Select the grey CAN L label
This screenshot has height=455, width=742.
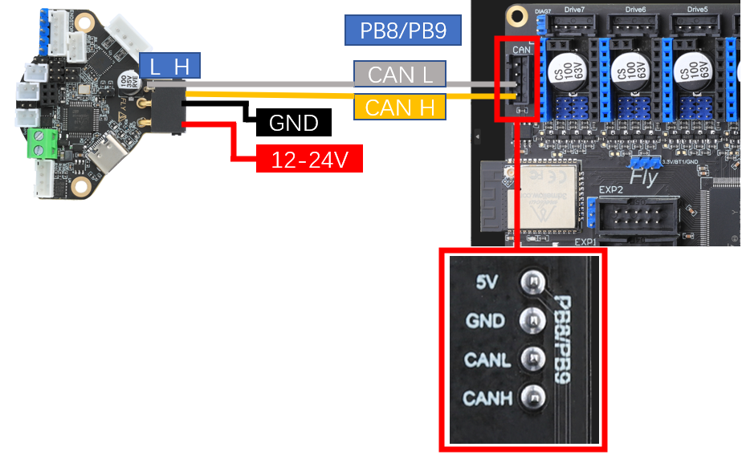400,75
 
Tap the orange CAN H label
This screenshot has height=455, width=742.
400,106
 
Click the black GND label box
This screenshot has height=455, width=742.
293,123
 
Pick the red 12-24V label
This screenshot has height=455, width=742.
309,159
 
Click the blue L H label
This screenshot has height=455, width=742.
169,67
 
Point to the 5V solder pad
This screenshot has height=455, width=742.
531,282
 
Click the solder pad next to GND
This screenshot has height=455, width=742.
531,320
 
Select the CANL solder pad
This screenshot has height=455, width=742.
531,359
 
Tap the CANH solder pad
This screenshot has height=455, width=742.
531,396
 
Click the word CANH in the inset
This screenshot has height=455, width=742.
486,397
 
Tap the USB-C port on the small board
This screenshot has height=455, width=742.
108,157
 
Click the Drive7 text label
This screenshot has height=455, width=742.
575,9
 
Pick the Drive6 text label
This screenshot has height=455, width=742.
635,9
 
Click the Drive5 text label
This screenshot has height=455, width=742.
696,9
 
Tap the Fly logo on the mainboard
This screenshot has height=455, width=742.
643,177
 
